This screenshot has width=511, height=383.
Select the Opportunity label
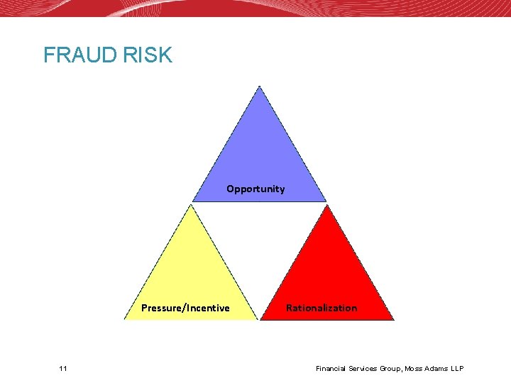pos(255,189)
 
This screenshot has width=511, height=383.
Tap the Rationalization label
pos(322,308)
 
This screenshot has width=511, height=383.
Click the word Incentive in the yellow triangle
pos(208,308)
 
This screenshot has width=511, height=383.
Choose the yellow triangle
pos(190,277)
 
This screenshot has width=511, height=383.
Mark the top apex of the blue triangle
pos(260,87)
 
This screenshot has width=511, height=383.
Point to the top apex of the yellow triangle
pos(190,205)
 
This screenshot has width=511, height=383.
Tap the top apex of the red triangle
pos(327,205)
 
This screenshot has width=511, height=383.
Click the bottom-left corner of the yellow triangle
pos(125,319)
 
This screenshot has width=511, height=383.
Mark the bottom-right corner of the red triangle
pos(393,319)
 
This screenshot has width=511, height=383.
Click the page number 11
pos(64,369)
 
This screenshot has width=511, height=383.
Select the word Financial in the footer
pos(332,369)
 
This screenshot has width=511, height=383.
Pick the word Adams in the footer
pos(434,369)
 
